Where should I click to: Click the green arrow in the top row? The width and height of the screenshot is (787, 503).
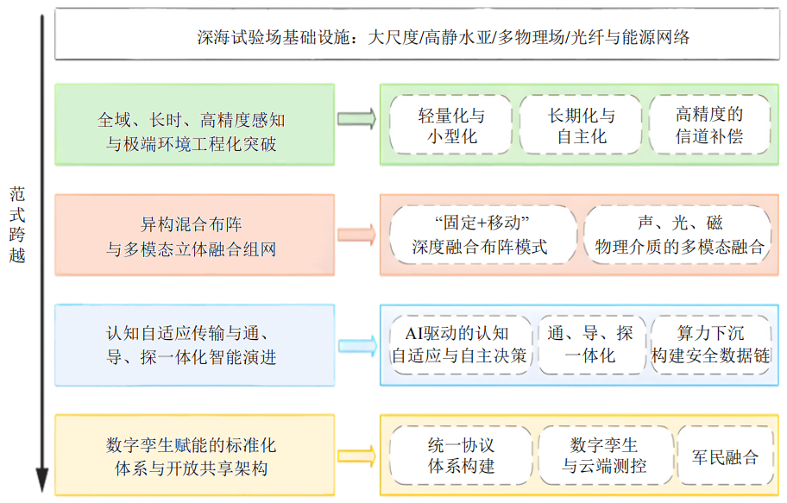356,119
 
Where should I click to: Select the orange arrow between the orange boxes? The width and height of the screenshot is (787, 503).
356,235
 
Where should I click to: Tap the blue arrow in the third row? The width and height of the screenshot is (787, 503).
357,345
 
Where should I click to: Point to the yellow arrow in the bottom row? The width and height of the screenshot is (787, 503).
356,456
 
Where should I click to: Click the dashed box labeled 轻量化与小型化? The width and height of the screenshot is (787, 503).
450,124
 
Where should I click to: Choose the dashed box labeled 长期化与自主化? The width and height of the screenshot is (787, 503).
581,124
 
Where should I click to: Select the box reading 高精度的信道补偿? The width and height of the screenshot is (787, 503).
709,124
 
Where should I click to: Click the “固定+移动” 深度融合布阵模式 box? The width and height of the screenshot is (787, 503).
483,235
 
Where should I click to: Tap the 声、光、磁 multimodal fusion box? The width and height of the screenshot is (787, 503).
677,235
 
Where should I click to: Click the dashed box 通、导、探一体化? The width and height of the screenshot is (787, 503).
592,345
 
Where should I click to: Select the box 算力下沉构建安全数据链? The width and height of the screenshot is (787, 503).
711,345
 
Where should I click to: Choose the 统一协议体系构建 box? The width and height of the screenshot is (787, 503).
461,456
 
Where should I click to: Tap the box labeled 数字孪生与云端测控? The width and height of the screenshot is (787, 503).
605,456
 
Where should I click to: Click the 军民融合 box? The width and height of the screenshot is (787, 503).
725,456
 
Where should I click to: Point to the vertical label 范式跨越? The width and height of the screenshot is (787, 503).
17,225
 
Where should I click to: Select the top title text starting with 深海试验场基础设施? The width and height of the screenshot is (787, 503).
444,37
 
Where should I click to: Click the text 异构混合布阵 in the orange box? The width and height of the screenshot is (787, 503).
192,223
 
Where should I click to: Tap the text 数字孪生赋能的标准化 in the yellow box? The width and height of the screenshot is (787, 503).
192,445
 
